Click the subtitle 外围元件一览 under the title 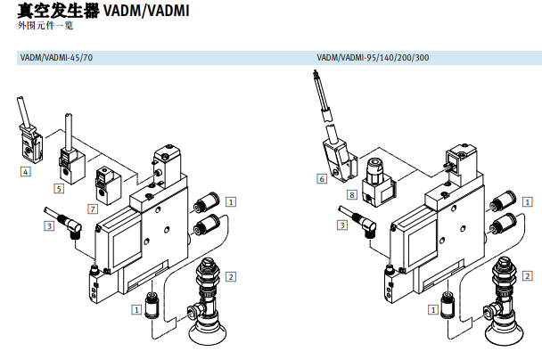[42, 28]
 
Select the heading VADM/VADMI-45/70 [56, 58]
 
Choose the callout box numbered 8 [351, 194]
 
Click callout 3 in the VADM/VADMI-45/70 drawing [48, 226]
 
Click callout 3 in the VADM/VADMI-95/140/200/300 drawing [342, 225]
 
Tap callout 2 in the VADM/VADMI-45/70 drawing [230, 276]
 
